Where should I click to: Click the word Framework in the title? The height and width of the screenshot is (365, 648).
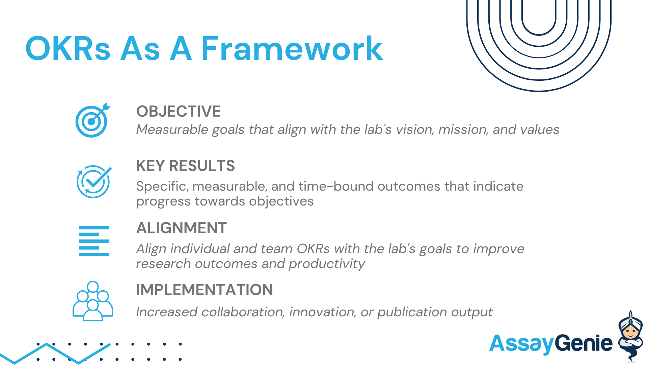[292, 49]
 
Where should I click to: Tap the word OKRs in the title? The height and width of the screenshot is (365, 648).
[68, 49]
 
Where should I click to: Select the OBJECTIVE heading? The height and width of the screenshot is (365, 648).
[179, 112]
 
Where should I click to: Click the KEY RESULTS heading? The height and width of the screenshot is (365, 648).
[185, 166]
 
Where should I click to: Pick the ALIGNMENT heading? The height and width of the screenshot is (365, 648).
[182, 228]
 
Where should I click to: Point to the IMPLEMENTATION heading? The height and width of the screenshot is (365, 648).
[205, 290]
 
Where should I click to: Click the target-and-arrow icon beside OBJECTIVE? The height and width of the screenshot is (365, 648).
[92, 120]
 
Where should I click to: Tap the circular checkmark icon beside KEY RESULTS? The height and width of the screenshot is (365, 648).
[93, 181]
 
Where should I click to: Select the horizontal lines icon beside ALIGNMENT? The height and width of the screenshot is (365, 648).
[94, 241]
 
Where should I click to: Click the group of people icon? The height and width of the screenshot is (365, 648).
[93, 301]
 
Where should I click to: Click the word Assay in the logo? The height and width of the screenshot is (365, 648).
[521, 344]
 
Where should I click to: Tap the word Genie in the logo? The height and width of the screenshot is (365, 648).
[584, 343]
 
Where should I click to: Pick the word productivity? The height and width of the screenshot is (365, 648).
[327, 264]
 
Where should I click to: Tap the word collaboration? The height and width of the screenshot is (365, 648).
[243, 312]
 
